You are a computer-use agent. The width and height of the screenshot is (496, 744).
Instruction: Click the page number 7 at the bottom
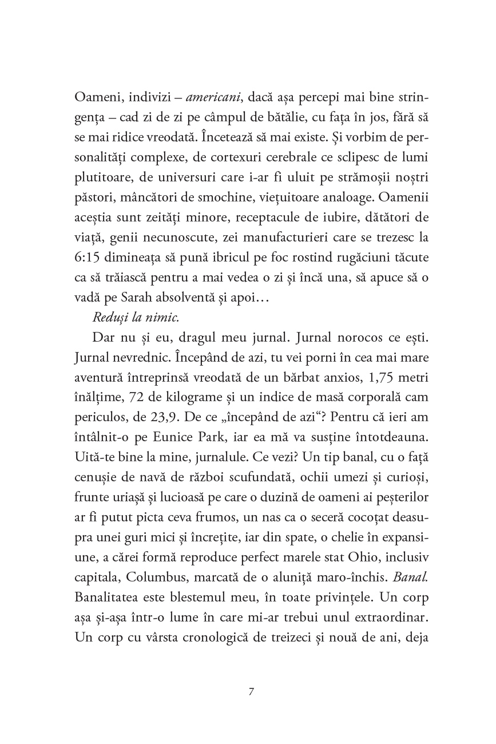(251, 691)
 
